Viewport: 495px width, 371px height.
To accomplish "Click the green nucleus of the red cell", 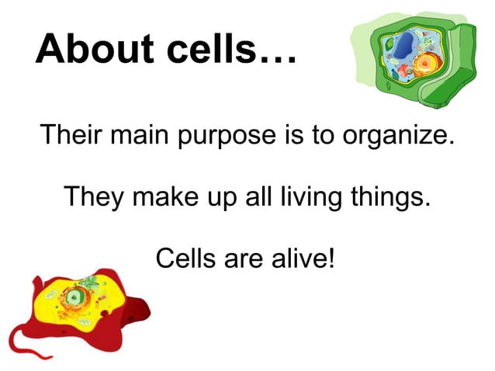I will point(74,296).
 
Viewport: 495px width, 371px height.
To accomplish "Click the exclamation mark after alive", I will point(331,256).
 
